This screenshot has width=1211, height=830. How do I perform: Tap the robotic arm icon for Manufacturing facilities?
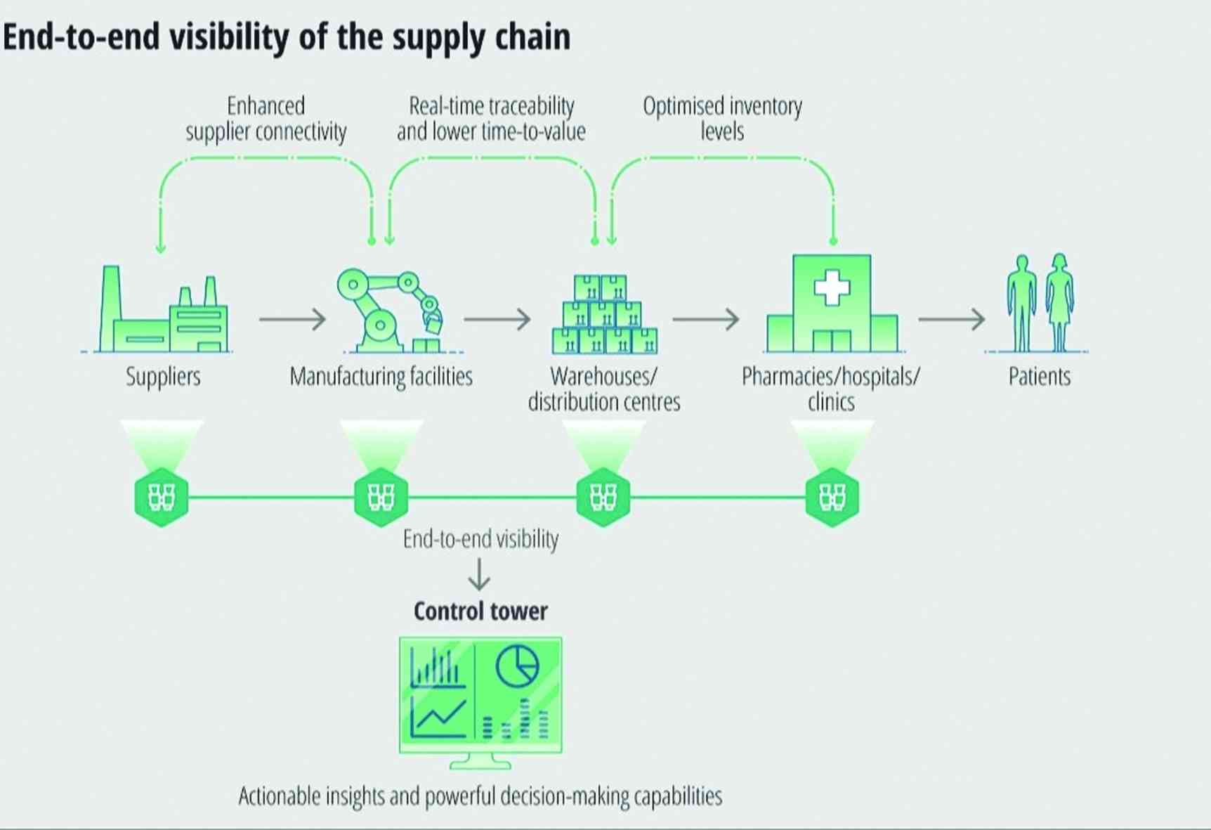pyautogui.click(x=391, y=310)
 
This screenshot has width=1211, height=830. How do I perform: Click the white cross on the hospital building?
pyautogui.click(x=832, y=287)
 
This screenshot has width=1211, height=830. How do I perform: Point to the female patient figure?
pyautogui.click(x=1059, y=302)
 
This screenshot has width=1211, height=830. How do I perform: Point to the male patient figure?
pyautogui.click(x=1021, y=302)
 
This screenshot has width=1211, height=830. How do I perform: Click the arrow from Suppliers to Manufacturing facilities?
pyautogui.click(x=292, y=319)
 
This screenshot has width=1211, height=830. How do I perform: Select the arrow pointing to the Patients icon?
pyautogui.click(x=952, y=319)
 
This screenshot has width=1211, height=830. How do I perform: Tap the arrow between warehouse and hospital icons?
pyautogui.click(x=705, y=319)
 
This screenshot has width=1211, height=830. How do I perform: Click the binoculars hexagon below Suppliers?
pyautogui.click(x=162, y=497)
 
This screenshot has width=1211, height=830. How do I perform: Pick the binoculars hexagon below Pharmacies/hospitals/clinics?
pyautogui.click(x=832, y=497)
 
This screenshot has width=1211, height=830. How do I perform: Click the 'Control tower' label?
pyautogui.click(x=480, y=611)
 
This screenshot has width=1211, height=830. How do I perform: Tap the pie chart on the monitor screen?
pyautogui.click(x=518, y=666)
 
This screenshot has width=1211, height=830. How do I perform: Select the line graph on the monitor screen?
pyautogui.click(x=438, y=718)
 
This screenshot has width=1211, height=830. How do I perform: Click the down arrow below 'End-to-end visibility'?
pyautogui.click(x=479, y=574)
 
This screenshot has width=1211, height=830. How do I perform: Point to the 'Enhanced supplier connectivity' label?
pyautogui.click(x=266, y=119)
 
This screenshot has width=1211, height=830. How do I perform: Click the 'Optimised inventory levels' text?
pyautogui.click(x=722, y=119)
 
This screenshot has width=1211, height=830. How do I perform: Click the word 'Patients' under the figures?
pyautogui.click(x=1040, y=377)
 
